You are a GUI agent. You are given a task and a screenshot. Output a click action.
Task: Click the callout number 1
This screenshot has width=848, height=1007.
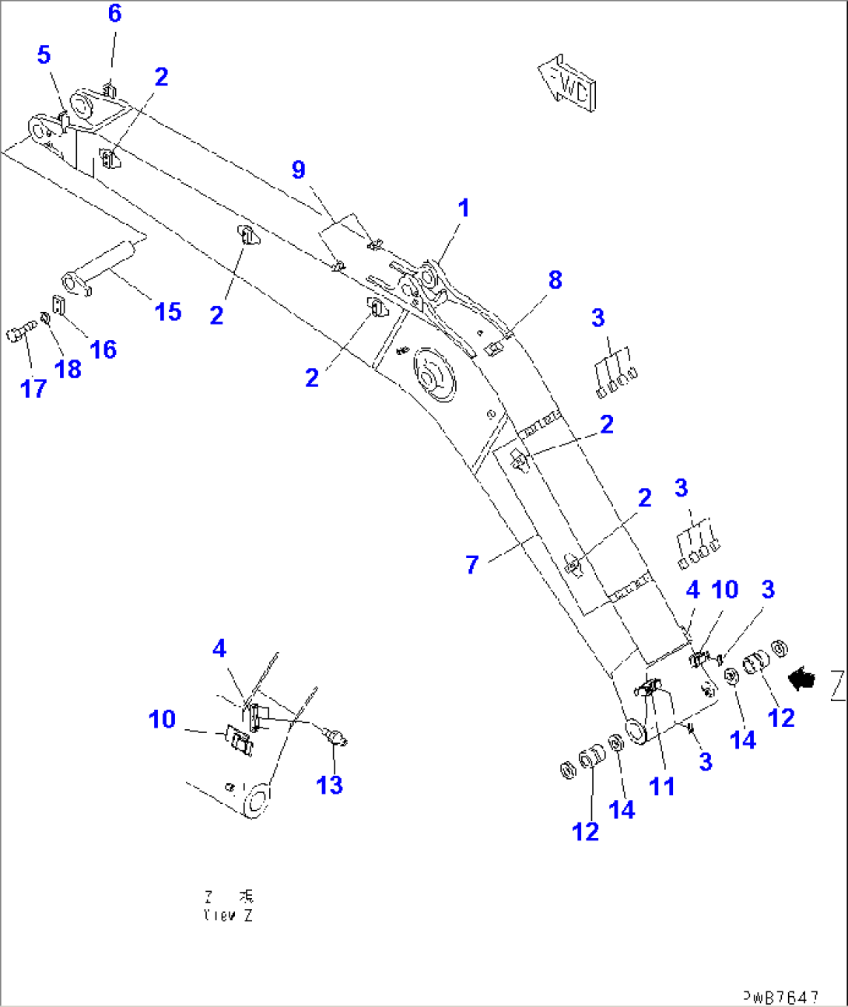[464, 209]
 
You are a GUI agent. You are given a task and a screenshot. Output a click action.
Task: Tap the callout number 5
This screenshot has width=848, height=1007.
[44, 55]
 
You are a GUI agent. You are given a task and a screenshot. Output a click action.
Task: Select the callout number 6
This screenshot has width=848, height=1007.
[114, 14]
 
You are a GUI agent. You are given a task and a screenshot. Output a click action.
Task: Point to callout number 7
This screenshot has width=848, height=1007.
[471, 565]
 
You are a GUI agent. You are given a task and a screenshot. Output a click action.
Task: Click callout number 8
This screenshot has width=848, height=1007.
[555, 280]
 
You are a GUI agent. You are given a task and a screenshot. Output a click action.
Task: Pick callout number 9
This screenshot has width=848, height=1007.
[299, 170]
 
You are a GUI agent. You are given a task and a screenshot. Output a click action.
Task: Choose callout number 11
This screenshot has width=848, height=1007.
[661, 787]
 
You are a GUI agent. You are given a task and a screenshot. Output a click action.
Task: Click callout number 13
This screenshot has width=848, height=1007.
[329, 785]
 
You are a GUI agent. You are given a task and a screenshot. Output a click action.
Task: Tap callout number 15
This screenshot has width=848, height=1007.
[168, 312]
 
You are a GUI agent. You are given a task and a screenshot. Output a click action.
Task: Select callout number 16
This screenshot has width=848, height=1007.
[103, 349]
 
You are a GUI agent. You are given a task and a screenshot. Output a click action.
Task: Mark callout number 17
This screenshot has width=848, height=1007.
[33, 388]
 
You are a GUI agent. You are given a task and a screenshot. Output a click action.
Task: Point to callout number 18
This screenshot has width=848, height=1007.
[68, 370]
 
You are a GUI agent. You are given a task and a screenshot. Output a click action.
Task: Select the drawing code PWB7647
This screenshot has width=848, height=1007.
[780, 996]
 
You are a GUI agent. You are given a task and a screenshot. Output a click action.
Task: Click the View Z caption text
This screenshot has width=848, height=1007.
[228, 907]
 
